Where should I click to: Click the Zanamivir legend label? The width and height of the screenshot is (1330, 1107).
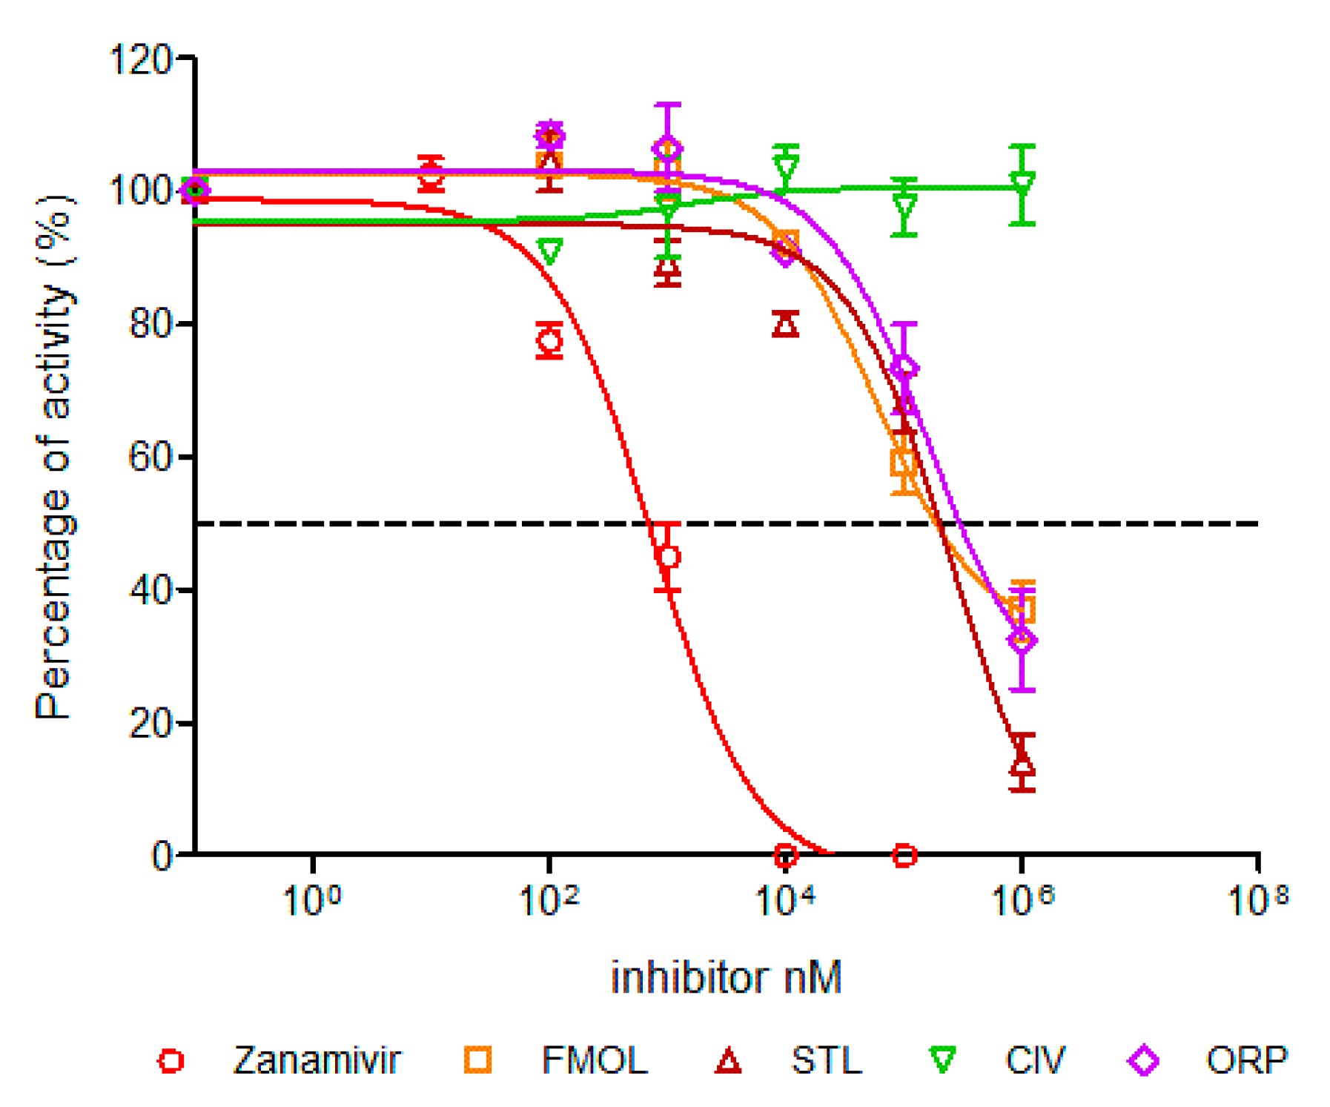click(x=317, y=1060)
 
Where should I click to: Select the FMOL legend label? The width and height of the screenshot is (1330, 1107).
click(x=595, y=1060)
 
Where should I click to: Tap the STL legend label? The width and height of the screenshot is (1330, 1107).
click(x=827, y=1060)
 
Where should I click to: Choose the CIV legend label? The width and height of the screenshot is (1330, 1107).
click(x=1035, y=1060)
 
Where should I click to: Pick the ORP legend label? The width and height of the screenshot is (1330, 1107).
click(x=1246, y=1060)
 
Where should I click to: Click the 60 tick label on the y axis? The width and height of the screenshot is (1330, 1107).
click(x=151, y=457)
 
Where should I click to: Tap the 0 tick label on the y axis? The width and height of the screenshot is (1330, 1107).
click(x=162, y=856)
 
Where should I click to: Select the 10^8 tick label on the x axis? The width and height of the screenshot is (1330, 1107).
click(x=1258, y=899)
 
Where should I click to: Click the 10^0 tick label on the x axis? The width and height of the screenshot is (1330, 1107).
click(x=312, y=899)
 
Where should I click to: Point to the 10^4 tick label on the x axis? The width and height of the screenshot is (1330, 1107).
click(x=785, y=899)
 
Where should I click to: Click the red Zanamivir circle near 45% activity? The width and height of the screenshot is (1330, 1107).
click(x=668, y=557)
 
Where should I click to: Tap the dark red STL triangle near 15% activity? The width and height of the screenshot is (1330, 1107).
click(x=1022, y=761)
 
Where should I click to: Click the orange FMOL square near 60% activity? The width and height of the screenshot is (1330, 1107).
click(x=904, y=463)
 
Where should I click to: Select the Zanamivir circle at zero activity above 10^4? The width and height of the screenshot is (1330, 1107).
click(x=785, y=856)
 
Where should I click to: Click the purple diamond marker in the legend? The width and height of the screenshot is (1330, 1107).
click(x=1143, y=1060)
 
